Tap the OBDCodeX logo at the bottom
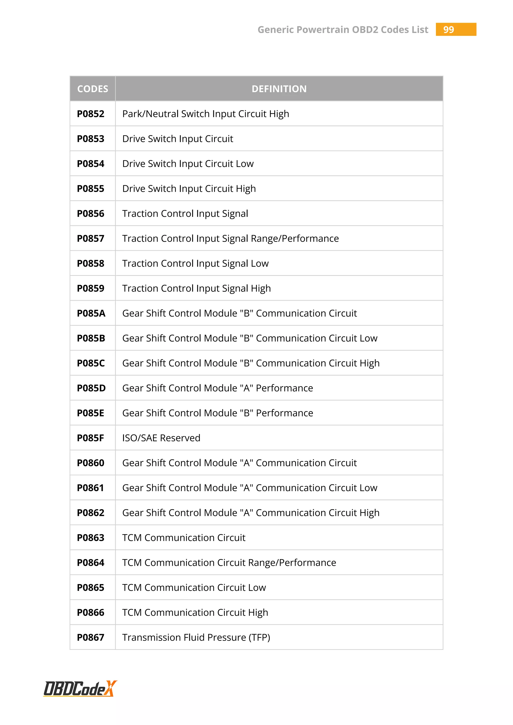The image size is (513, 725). tap(80, 689)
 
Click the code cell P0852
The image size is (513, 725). tap(91, 114)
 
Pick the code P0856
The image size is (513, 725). tap(91, 214)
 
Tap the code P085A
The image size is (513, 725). tap(91, 313)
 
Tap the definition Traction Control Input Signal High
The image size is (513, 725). tap(196, 289)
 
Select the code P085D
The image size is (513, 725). tap(91, 388)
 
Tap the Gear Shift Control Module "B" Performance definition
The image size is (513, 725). tap(218, 413)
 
